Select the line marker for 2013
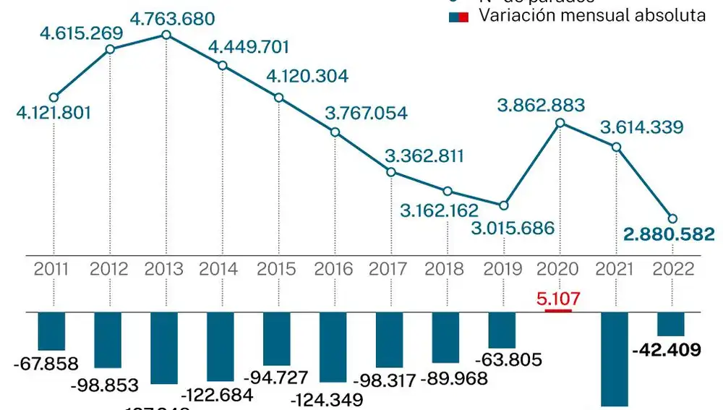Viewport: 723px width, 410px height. coord(166,34)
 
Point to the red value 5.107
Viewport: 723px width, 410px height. coord(558,297)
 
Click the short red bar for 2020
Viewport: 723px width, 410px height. coord(558,311)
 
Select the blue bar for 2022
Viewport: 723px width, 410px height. coord(671,324)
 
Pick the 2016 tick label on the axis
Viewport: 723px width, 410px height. coord(334,269)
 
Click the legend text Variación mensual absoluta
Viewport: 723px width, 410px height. coord(592,16)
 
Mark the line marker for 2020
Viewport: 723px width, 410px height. coord(559,124)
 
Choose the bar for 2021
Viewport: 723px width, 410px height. coord(615,359)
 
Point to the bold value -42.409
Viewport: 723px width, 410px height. coord(666,351)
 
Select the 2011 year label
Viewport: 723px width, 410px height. coord(52,269)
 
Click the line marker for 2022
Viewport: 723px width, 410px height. coord(672,218)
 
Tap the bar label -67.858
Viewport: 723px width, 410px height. coord(45,364)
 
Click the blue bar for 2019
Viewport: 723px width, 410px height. coord(502,330)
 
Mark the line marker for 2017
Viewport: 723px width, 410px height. coord(390,172)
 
